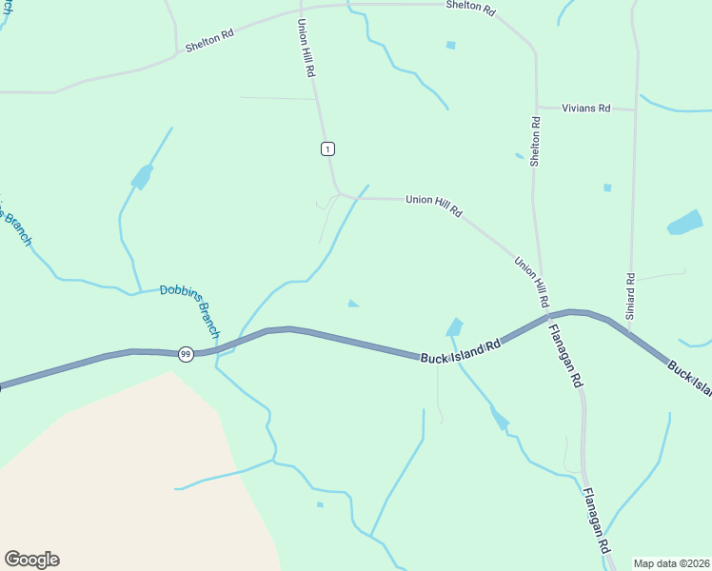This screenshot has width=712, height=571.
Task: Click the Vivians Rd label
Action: [x=585, y=108]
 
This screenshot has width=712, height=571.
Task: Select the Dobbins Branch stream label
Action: [x=189, y=311]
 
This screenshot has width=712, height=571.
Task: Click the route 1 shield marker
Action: [x=327, y=148]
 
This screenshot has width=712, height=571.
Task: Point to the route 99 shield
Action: [x=186, y=354]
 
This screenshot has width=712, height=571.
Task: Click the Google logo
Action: [x=31, y=560]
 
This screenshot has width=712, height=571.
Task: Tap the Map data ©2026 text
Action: [x=671, y=563]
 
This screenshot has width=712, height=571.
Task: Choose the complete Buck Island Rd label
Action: [x=460, y=351]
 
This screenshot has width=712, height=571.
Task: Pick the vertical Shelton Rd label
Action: [x=536, y=142]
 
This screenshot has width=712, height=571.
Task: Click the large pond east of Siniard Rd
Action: [x=684, y=224]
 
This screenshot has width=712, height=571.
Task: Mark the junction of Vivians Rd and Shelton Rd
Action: [x=537, y=107]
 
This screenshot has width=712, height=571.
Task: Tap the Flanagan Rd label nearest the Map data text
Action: [x=595, y=522]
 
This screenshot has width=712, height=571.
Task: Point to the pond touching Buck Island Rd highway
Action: [x=455, y=327]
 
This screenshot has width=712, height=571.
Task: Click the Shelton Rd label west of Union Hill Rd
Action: [x=209, y=40]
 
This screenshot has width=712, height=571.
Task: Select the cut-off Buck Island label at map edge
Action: [x=689, y=376]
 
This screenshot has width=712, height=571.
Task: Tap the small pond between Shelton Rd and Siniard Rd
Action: [x=607, y=187]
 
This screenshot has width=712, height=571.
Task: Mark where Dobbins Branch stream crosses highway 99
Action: [x=221, y=349]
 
